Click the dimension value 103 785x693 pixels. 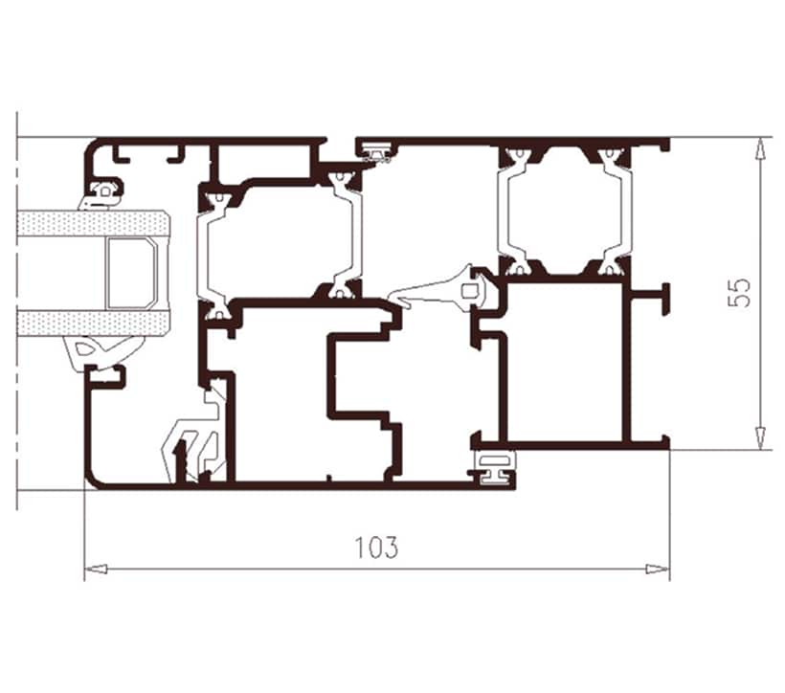[377, 548]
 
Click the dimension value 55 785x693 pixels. [740, 293]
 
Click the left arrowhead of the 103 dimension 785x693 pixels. [96, 569]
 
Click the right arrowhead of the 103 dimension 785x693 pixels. [658, 569]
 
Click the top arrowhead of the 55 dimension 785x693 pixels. [760, 148]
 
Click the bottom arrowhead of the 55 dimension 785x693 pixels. [760, 438]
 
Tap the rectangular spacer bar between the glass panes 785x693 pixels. [131, 274]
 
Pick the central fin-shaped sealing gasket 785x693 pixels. [440, 291]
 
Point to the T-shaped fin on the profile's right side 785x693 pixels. [651, 299]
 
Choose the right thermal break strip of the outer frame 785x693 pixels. [614, 212]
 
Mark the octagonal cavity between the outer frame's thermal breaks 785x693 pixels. [562, 211]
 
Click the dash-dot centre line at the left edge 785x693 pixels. [17, 310]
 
